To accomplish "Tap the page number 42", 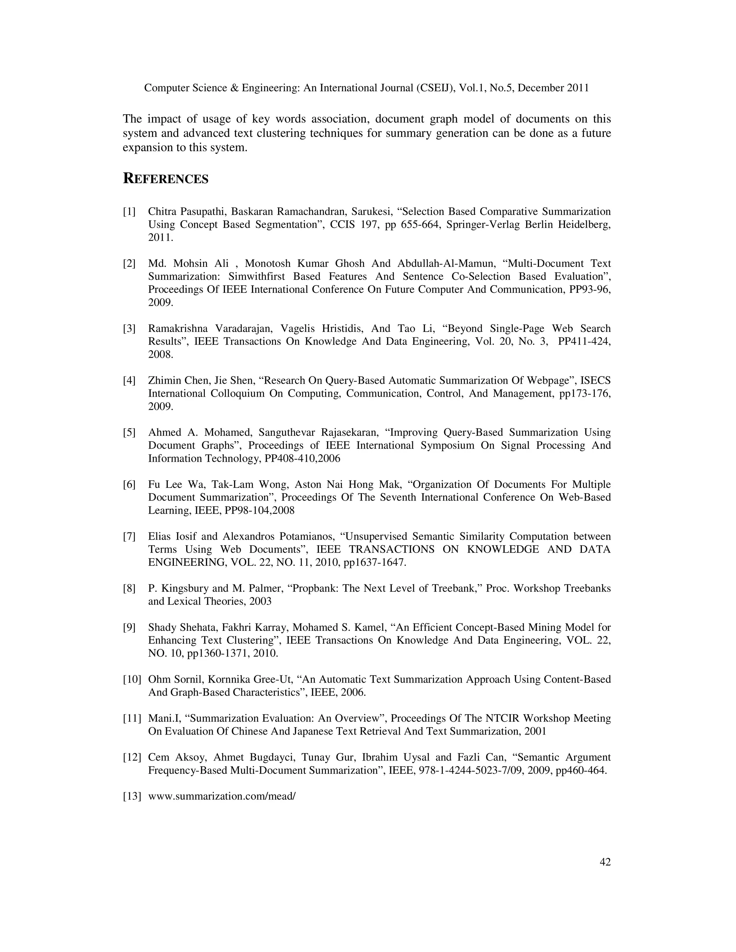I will [x=605, y=862].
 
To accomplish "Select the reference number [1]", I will [x=129, y=212].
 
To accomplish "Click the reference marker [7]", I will [x=129, y=537].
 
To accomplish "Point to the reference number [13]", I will [x=132, y=796].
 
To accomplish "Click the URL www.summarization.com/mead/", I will [x=222, y=796].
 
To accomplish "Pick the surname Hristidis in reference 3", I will [x=343, y=329].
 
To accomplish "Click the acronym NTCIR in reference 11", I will [x=502, y=718].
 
